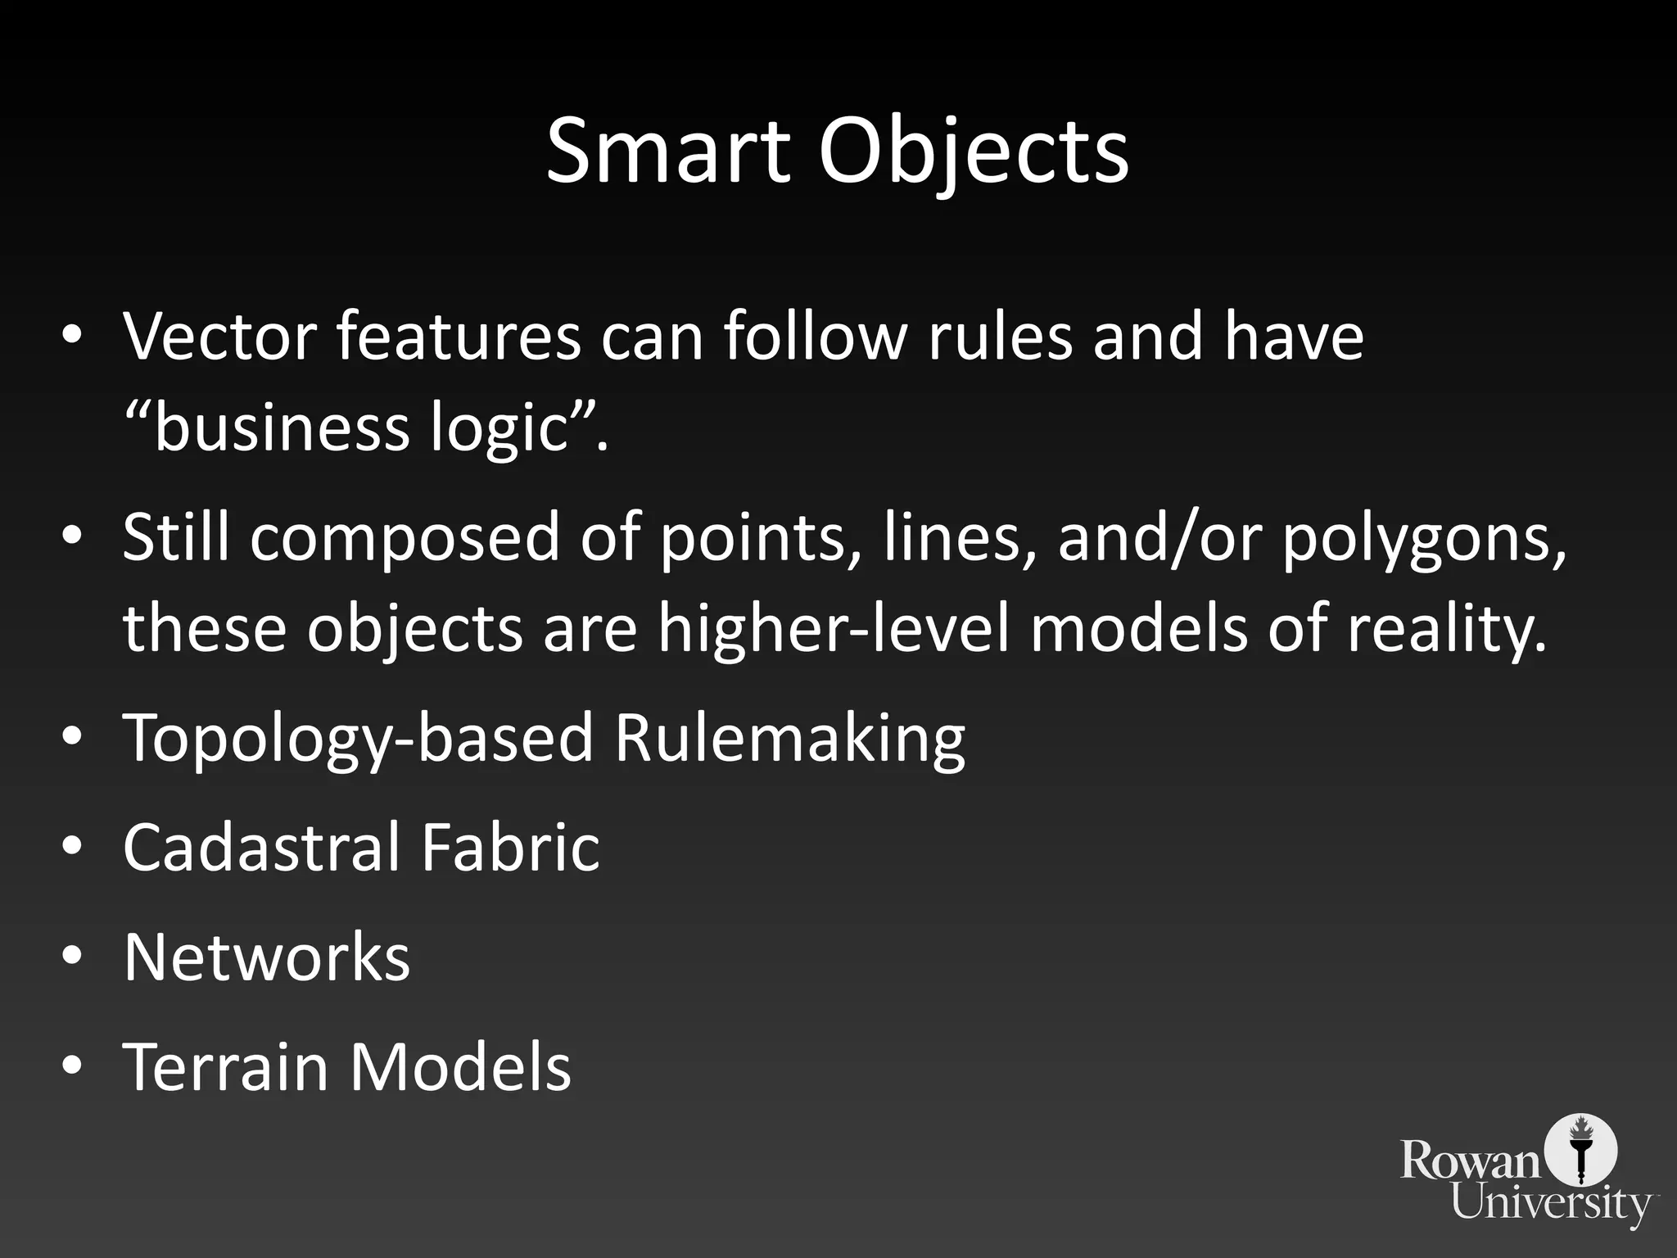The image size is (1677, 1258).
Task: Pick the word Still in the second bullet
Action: click(x=176, y=537)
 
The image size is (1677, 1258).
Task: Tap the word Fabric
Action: click(x=510, y=847)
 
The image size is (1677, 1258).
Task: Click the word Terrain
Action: click(x=225, y=1066)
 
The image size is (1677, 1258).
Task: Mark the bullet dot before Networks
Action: click(x=72, y=957)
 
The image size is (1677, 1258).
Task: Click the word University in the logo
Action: click(x=1551, y=1205)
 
